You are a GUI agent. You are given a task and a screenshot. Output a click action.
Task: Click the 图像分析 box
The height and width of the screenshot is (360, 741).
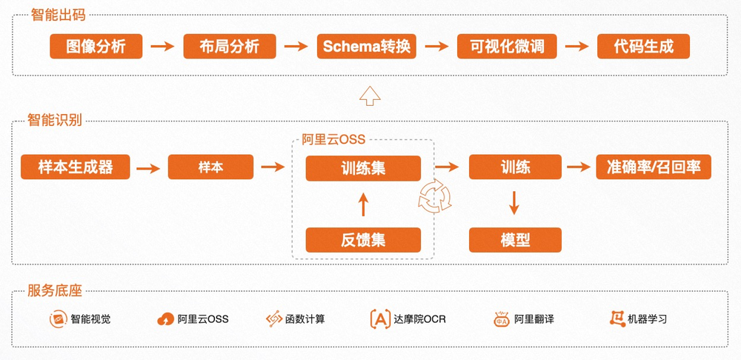coord(96,47)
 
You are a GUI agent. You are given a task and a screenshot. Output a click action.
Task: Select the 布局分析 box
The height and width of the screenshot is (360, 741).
coord(230,47)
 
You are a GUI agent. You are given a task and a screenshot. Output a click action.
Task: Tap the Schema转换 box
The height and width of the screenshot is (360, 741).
coord(367,47)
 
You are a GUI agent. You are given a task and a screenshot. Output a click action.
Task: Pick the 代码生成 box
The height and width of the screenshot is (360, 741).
coord(643,47)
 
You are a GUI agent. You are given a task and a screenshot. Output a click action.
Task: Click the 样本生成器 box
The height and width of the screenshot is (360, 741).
coord(76,167)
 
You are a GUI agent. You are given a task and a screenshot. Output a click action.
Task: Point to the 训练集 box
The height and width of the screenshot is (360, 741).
coord(363,167)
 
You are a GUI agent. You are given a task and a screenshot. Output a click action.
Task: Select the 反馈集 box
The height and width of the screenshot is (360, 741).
coord(363,240)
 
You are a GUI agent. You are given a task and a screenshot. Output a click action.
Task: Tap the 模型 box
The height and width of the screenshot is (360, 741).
coord(515,240)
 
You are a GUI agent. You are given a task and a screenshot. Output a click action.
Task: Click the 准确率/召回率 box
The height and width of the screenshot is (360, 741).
coord(654,167)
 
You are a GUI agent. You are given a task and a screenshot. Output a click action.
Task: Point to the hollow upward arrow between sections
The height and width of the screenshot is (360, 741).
coord(368,95)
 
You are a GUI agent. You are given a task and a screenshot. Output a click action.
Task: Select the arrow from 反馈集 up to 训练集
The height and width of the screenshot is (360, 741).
coord(363,204)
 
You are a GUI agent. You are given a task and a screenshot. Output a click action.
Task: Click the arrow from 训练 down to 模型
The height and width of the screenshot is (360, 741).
coord(515,203)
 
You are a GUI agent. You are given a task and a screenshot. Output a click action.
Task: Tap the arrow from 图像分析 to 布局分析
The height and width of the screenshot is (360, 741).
coord(162,47)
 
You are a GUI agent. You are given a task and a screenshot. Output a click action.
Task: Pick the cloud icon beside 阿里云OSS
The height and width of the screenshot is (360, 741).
coord(165,319)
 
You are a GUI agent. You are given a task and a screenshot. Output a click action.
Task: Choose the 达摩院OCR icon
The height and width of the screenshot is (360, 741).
coord(380,319)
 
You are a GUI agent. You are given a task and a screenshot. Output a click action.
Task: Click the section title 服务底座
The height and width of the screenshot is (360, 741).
coord(54,291)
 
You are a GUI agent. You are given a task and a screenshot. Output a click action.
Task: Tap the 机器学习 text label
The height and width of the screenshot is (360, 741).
coord(647,319)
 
